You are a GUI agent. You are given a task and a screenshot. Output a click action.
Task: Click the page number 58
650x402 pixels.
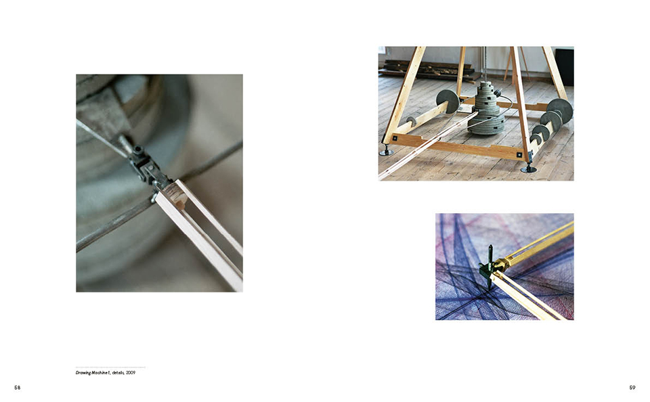tap(17, 388)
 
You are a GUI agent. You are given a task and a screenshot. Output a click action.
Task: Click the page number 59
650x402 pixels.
tap(632, 388)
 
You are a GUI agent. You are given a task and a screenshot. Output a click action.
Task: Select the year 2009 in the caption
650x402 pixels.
tap(131, 373)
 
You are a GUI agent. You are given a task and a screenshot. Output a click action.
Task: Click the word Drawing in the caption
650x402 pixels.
tap(83, 373)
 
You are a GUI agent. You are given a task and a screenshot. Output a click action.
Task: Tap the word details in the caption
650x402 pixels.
tap(118, 373)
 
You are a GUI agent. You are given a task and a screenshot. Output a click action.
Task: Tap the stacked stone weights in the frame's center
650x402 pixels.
tap(487, 108)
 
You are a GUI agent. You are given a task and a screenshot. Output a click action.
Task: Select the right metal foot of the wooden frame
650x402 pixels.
tap(528, 169)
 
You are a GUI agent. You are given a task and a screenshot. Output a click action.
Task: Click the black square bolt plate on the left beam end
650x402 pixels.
tap(395, 138)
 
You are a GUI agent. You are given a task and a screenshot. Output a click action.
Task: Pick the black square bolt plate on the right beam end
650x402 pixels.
tap(519, 154)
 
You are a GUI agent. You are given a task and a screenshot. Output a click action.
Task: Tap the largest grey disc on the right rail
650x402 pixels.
tap(560, 111)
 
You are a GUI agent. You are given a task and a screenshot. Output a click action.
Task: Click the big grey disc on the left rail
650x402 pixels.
tap(448, 102)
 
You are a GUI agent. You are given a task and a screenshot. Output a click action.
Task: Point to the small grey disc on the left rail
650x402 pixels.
tap(411, 122)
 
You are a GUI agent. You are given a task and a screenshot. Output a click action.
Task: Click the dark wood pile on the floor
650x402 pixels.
tap(429, 70)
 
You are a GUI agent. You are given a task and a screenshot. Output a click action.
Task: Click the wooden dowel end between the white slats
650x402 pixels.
tap(179, 202)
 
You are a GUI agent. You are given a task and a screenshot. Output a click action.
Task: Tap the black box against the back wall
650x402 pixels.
tap(564, 67)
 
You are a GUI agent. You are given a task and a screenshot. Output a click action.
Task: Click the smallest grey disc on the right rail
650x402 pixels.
tap(536, 139)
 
